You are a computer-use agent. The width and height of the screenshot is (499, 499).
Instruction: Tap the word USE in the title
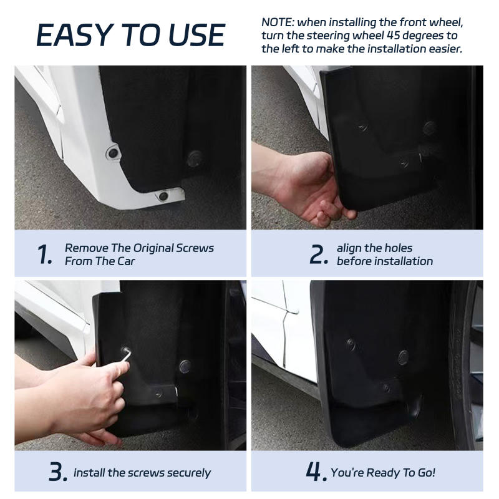pos(190,35)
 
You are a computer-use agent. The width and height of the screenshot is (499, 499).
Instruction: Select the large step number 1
pos(45,254)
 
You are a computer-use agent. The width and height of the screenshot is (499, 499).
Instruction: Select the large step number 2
pos(318,254)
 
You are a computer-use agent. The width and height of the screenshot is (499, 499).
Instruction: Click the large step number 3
pos(57,472)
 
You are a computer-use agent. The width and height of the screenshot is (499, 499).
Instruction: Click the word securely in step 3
pos(189,473)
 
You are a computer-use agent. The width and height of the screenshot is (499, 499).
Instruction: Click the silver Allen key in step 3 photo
pos(126,355)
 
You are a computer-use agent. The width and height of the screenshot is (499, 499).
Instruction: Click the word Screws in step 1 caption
pos(196,248)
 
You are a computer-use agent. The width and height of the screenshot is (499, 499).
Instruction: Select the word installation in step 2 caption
pos(403,261)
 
